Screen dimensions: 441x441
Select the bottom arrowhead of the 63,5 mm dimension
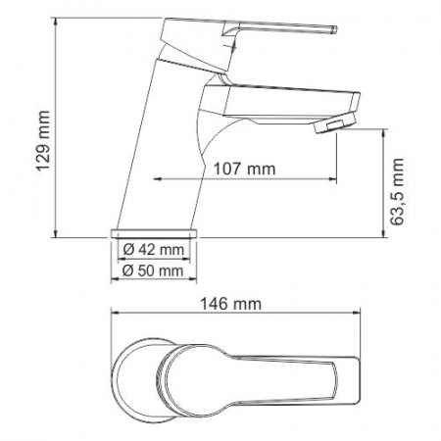381,233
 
